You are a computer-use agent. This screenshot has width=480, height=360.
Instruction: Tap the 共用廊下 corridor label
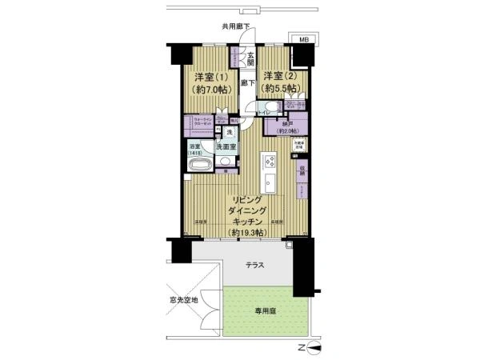[235, 27]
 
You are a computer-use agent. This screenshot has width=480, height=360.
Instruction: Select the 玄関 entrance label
[250, 58]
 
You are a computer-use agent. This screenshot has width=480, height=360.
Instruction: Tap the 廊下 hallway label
[248, 82]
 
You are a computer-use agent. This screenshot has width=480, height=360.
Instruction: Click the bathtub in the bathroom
[199, 166]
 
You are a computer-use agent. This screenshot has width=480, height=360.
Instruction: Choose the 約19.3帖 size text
[245, 232]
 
